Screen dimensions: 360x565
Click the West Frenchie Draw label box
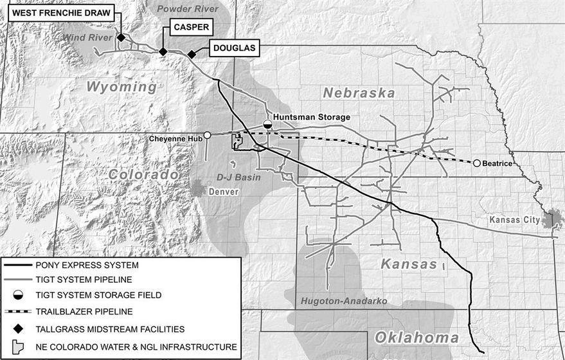tap(61, 13)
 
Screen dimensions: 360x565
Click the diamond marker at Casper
tap(163, 51)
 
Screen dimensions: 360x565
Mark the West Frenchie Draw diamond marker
tap(120, 37)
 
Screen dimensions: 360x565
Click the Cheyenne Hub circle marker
tap(207, 135)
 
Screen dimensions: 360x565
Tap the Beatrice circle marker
tap(477, 163)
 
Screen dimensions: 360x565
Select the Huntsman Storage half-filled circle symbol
tap(267, 123)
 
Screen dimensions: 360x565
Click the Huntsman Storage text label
tap(312, 117)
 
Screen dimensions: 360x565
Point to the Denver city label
tap(224, 192)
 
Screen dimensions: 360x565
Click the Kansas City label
tap(514, 220)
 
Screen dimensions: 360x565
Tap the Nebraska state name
tap(359, 93)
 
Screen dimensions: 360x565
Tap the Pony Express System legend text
tap(89, 264)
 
